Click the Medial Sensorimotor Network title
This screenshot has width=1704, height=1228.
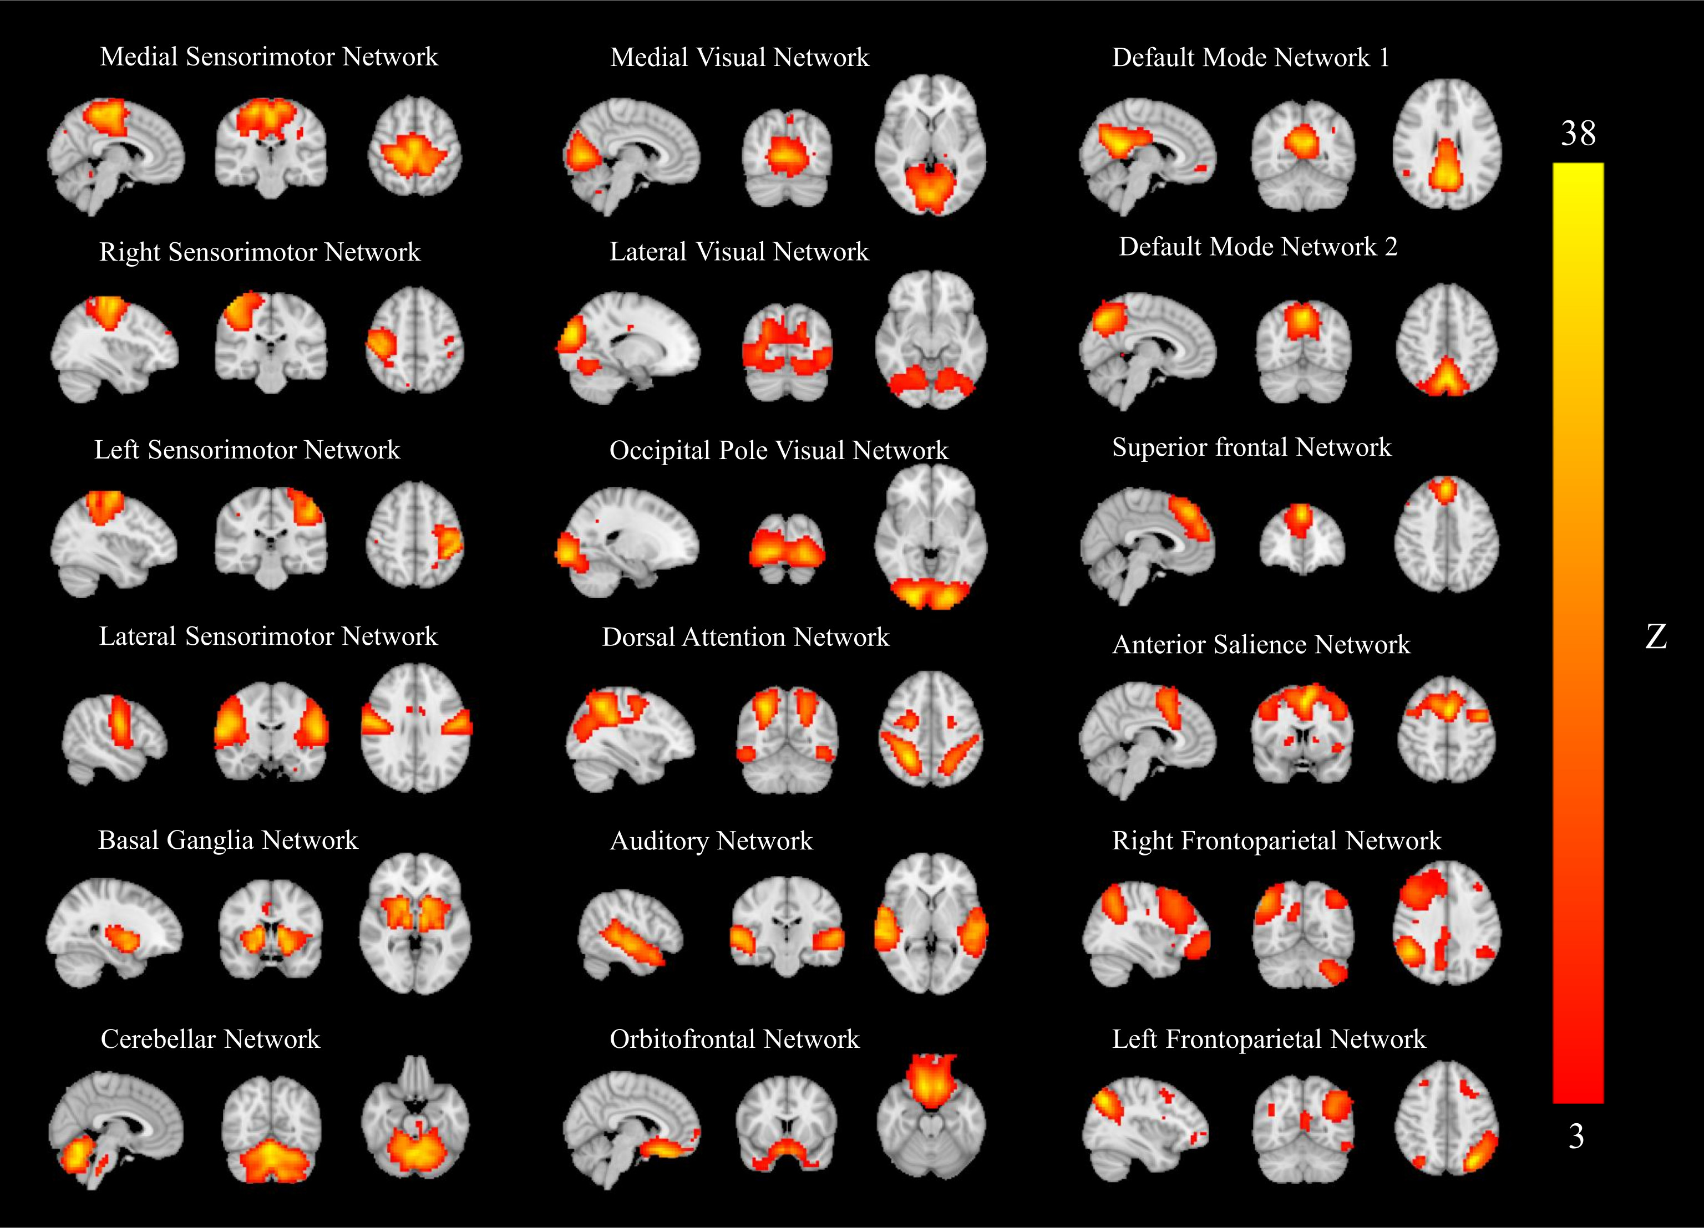pos(268,57)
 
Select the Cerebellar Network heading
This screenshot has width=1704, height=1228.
pos(210,1039)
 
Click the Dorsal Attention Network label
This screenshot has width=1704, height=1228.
pos(745,637)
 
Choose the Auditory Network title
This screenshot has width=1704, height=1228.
pos(711,840)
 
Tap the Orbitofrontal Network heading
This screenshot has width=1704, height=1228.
pos(734,1039)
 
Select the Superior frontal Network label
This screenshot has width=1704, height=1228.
pos(1251,447)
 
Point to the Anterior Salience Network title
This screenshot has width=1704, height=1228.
pos(1261,644)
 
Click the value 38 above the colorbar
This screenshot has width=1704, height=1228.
pos(1578,134)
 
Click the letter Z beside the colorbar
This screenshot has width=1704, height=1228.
pos(1656,637)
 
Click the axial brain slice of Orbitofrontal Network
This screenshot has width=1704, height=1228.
pos(932,1115)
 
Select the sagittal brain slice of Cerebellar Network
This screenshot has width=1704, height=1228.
pos(116,1130)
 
